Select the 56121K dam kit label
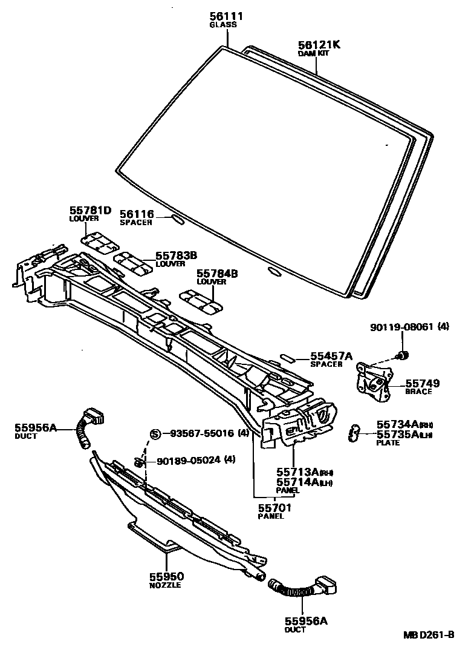tap(319, 44)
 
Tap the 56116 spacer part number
tap(137, 214)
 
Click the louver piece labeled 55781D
tap(99, 240)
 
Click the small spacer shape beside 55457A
tap(289, 358)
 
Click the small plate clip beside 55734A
tap(355, 432)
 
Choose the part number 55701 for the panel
tap(276, 508)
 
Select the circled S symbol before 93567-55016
tap(155, 433)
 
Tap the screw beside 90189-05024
tap(139, 463)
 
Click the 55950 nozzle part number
tap(166, 577)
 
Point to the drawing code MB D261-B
tap(429, 635)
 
